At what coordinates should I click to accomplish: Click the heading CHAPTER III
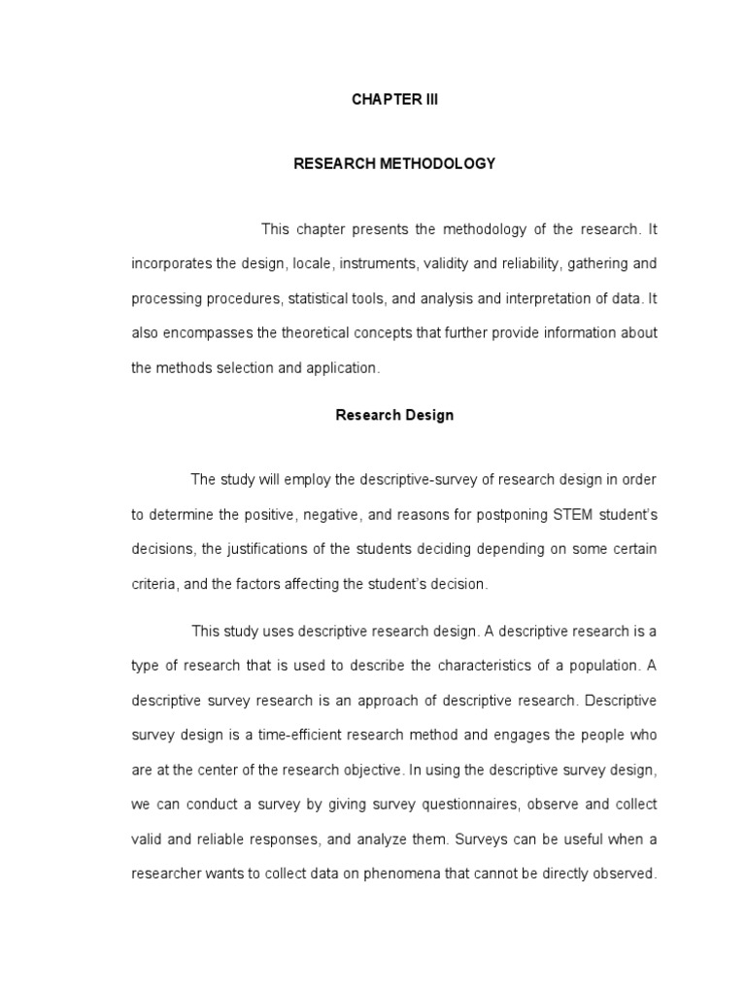pyautogui.click(x=394, y=100)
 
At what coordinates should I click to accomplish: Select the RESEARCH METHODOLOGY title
pyautogui.click(x=394, y=163)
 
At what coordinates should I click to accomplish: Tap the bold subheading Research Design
pyautogui.click(x=394, y=415)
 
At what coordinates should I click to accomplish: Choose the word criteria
pyautogui.click(x=155, y=584)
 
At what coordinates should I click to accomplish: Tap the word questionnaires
pyautogui.click(x=439, y=805)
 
